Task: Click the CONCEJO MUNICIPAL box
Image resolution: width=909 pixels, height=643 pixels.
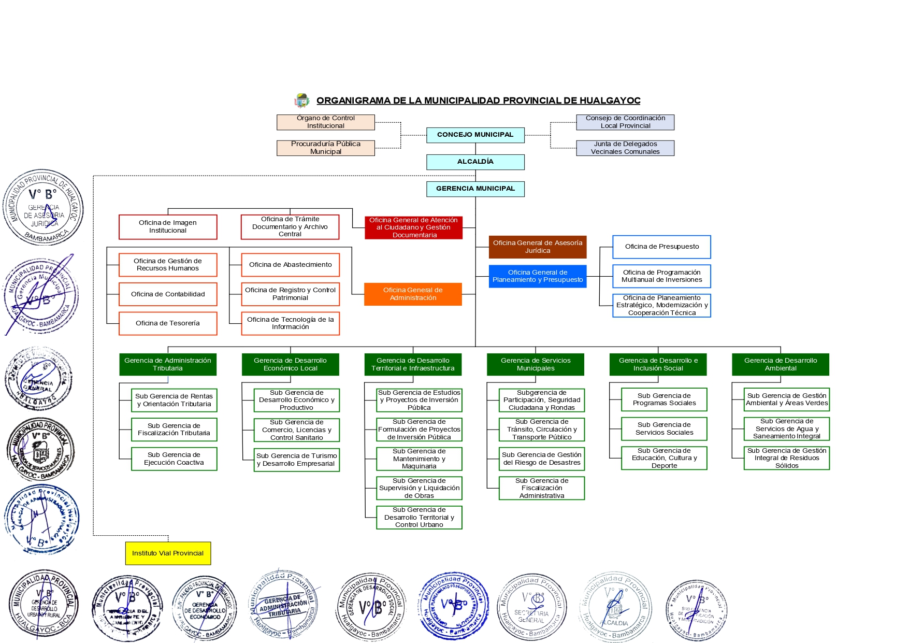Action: point(475,135)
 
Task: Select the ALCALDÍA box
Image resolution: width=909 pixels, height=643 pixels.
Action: point(475,162)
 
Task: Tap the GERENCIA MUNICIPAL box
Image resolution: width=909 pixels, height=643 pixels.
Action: point(475,189)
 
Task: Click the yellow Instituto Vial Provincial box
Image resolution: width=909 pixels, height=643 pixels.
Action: point(168,553)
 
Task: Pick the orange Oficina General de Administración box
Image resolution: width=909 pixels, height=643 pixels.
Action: point(413,294)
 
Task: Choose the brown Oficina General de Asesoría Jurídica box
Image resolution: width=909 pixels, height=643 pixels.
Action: point(537,247)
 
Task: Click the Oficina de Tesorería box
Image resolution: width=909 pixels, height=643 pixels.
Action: point(168,323)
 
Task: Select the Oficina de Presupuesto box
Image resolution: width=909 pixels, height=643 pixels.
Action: point(661,247)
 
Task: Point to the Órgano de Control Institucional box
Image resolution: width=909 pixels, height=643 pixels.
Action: point(325,122)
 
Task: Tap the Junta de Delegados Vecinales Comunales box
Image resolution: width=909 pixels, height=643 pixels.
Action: point(625,148)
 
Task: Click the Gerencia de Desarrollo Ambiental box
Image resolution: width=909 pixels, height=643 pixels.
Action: point(780,364)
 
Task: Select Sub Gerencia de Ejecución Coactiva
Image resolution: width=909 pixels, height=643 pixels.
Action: point(174,459)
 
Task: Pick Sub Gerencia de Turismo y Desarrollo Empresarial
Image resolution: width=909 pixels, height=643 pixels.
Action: point(297,460)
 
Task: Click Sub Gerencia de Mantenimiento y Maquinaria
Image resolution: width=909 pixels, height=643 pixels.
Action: point(419,459)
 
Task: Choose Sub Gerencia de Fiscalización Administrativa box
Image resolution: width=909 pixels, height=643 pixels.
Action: point(542,488)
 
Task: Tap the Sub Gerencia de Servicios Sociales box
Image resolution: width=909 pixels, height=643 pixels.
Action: point(664,428)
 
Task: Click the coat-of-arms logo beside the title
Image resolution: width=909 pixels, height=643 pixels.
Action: point(301,101)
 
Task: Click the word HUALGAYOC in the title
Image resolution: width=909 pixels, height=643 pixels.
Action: point(610,101)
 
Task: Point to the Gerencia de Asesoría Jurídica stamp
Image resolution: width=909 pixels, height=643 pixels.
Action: point(44,207)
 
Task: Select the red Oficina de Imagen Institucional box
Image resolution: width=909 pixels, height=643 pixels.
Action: point(168,226)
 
